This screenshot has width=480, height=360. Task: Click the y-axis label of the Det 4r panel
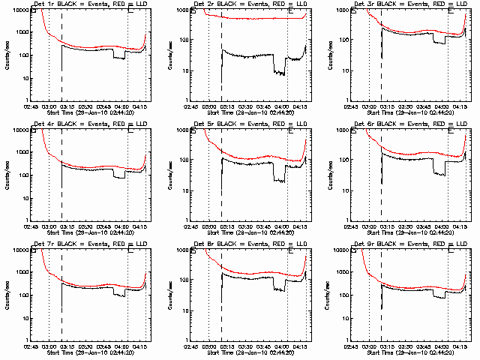7,175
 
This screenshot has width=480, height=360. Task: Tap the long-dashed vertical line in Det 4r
61,180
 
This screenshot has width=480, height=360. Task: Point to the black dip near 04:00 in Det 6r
440,173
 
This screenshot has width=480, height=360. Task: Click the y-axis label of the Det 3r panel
327,55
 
